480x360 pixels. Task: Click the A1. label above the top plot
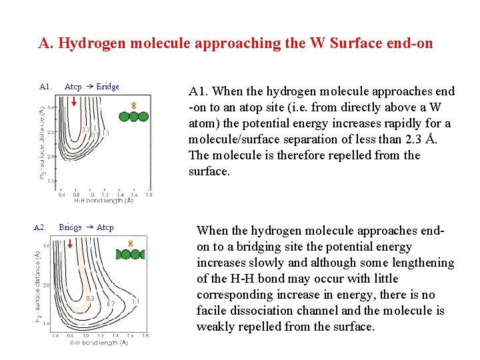45,86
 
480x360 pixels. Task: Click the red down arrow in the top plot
74,102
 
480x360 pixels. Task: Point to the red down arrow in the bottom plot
69,244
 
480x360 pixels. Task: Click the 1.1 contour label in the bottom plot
136,301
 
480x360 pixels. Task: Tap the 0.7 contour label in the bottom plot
111,304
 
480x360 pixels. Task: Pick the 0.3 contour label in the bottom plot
90,297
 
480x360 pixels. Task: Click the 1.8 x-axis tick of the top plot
149,195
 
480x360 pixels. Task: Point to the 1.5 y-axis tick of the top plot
51,181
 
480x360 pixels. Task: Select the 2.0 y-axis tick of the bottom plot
47,285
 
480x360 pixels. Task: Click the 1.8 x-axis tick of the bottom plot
145,335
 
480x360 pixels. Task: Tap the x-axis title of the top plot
103,200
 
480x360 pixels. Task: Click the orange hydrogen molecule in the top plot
133,105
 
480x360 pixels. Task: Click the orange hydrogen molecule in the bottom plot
131,244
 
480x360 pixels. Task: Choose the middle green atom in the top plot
133,116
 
